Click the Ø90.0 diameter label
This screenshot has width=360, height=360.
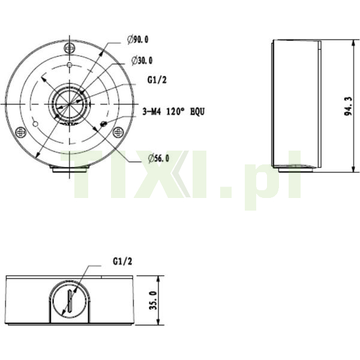point(138,40)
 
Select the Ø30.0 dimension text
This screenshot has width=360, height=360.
point(142,61)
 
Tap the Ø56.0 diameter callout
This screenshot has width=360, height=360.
point(158,158)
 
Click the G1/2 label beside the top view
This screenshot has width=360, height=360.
point(157,80)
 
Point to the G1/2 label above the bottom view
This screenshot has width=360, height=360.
point(122,261)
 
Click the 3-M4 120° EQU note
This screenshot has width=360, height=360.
point(173,112)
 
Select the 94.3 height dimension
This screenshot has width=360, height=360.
point(348,106)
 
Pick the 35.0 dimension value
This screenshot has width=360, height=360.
point(153,301)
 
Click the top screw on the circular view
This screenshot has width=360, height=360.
point(70,49)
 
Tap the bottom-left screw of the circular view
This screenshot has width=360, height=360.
point(20,132)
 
